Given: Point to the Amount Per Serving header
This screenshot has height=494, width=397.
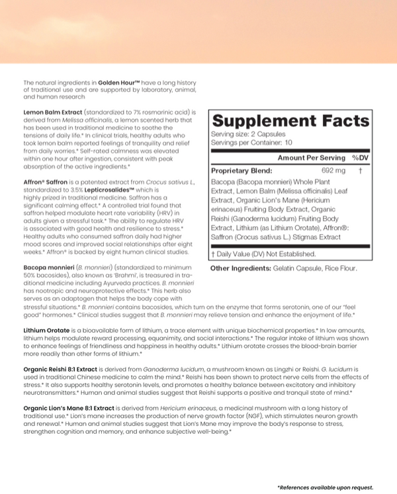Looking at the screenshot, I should click(x=311, y=158).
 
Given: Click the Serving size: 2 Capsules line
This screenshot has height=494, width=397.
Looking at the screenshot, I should click(x=247, y=134).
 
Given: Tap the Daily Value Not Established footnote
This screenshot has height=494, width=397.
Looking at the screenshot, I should click(x=263, y=253).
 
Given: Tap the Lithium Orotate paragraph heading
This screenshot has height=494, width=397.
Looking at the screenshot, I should click(x=48, y=329).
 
